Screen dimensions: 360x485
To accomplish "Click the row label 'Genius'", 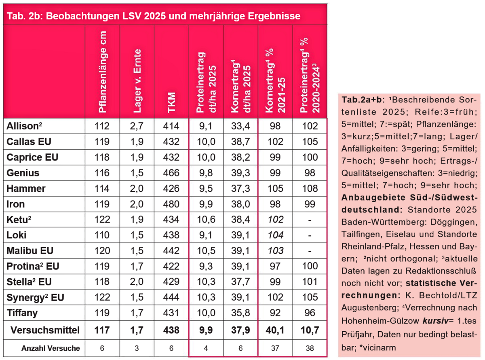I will coord(23,173).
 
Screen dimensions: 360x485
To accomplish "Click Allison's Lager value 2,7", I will coord(137,126).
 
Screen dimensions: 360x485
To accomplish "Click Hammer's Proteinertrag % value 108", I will coord(310,189).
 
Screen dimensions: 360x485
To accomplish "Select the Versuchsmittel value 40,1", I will coord(275,330).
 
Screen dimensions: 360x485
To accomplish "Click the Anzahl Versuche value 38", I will coord(310,348).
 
